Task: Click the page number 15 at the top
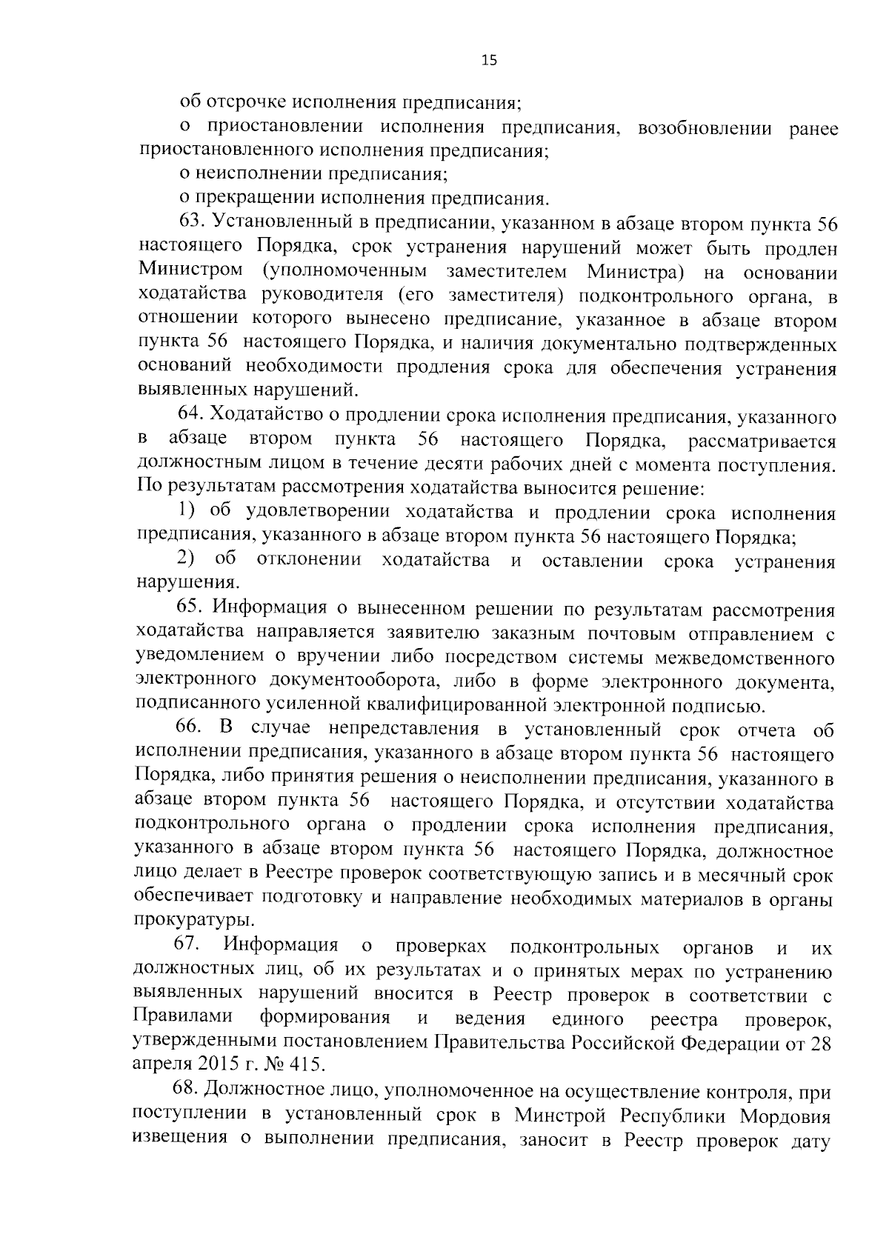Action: [489, 61]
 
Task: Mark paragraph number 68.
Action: [184, 1090]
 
